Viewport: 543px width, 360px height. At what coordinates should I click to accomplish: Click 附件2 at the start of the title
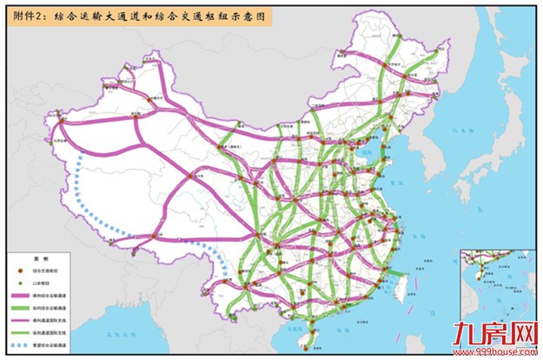click(24, 15)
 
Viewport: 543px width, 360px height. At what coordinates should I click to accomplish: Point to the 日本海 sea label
click(474, 130)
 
